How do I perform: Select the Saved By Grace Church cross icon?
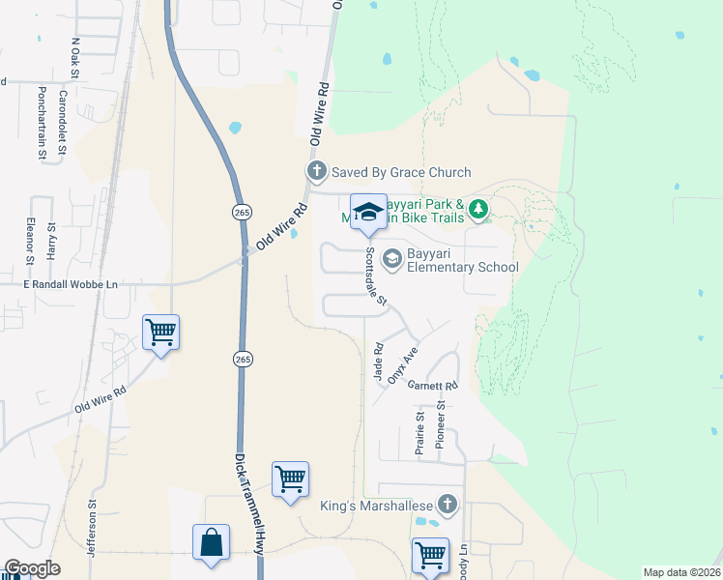(316, 172)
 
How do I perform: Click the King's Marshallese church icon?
(447, 505)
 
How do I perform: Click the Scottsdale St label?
(375, 277)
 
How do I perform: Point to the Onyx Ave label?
(402, 365)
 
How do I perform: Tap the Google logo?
(33, 568)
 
